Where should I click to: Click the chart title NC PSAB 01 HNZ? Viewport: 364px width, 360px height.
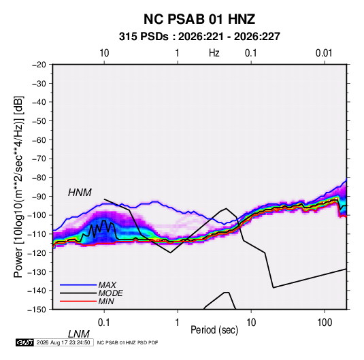pyautogui.click(x=199, y=19)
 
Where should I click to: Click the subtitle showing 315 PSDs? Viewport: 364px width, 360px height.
pyautogui.click(x=199, y=37)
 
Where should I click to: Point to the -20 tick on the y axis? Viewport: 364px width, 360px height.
pyautogui.click(x=39, y=65)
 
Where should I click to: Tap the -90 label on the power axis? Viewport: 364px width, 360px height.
pyautogui.click(x=39, y=196)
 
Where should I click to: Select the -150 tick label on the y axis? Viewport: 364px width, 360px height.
pyautogui.click(x=37, y=310)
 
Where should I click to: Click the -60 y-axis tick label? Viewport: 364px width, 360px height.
pyautogui.click(x=39, y=140)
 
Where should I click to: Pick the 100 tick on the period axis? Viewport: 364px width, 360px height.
pyautogui.click(x=325, y=323)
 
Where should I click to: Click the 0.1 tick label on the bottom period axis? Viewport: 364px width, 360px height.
pyautogui.click(x=104, y=323)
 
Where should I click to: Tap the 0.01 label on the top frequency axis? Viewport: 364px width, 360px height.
pyautogui.click(x=324, y=53)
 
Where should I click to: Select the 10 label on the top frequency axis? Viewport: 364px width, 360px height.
pyautogui.click(x=104, y=53)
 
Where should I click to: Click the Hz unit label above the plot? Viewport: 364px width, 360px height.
pyautogui.click(x=214, y=53)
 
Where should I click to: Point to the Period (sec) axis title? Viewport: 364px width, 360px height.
pyautogui.click(x=214, y=330)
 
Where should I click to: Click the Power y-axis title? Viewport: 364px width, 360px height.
pyautogui.click(x=18, y=187)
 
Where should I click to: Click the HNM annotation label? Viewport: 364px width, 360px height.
pyautogui.click(x=80, y=193)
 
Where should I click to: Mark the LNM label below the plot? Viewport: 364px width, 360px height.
pyautogui.click(x=79, y=334)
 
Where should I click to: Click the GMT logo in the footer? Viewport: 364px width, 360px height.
pyautogui.click(x=25, y=342)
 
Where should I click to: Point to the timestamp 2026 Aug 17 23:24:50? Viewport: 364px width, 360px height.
pyautogui.click(x=63, y=342)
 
